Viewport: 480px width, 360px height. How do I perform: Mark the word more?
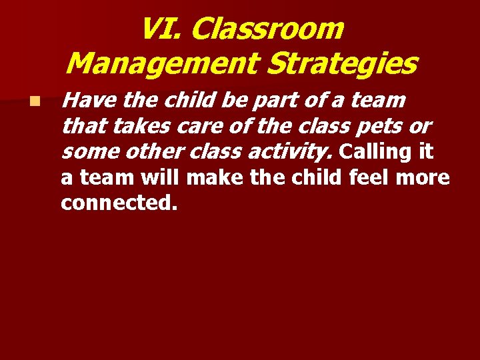(x=424, y=178)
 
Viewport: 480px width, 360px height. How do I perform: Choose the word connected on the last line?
(x=119, y=203)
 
